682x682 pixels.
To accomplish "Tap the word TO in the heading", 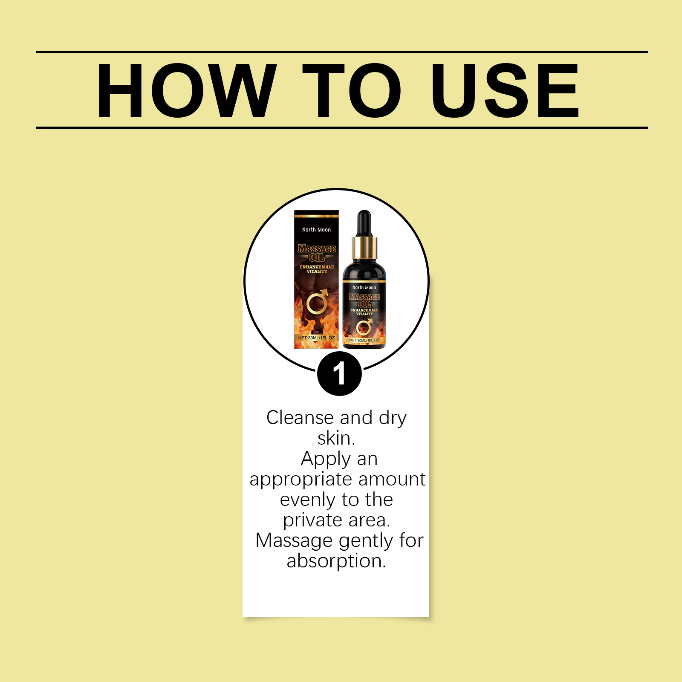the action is coord(352,90).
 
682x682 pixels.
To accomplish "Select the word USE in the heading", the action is coord(505,90).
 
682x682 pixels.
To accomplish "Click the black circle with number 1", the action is coord(339,374).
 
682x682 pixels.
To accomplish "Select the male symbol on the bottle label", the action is coord(364,327).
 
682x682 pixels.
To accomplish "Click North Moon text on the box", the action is coord(316,230).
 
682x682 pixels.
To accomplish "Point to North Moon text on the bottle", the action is coord(364,288).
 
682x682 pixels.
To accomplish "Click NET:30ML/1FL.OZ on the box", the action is coord(316,338).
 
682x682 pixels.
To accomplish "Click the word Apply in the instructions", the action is coord(326,459).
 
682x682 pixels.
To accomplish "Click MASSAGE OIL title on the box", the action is coord(317,253).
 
